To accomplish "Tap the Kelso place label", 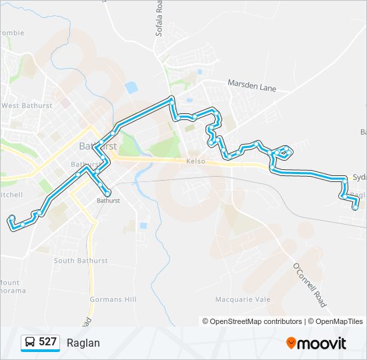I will click(196, 162).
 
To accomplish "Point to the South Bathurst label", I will click(81, 261).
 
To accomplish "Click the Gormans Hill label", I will click(113, 300).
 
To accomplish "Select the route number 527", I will click(47, 342).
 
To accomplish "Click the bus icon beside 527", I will click(31, 343).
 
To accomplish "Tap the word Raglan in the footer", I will click(83, 343).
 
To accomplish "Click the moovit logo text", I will click(323, 343).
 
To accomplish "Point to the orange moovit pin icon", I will click(292, 343).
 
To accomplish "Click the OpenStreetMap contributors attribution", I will click(256, 321).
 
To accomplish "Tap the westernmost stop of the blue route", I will click(11, 218).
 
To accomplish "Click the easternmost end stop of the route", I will click(356, 207).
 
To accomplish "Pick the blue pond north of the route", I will click(131, 87).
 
